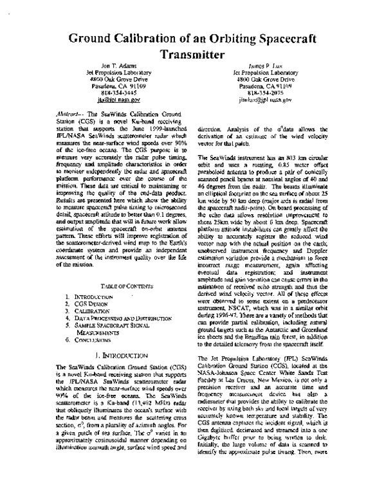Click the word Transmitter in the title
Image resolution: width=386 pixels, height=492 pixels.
click(193, 54)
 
